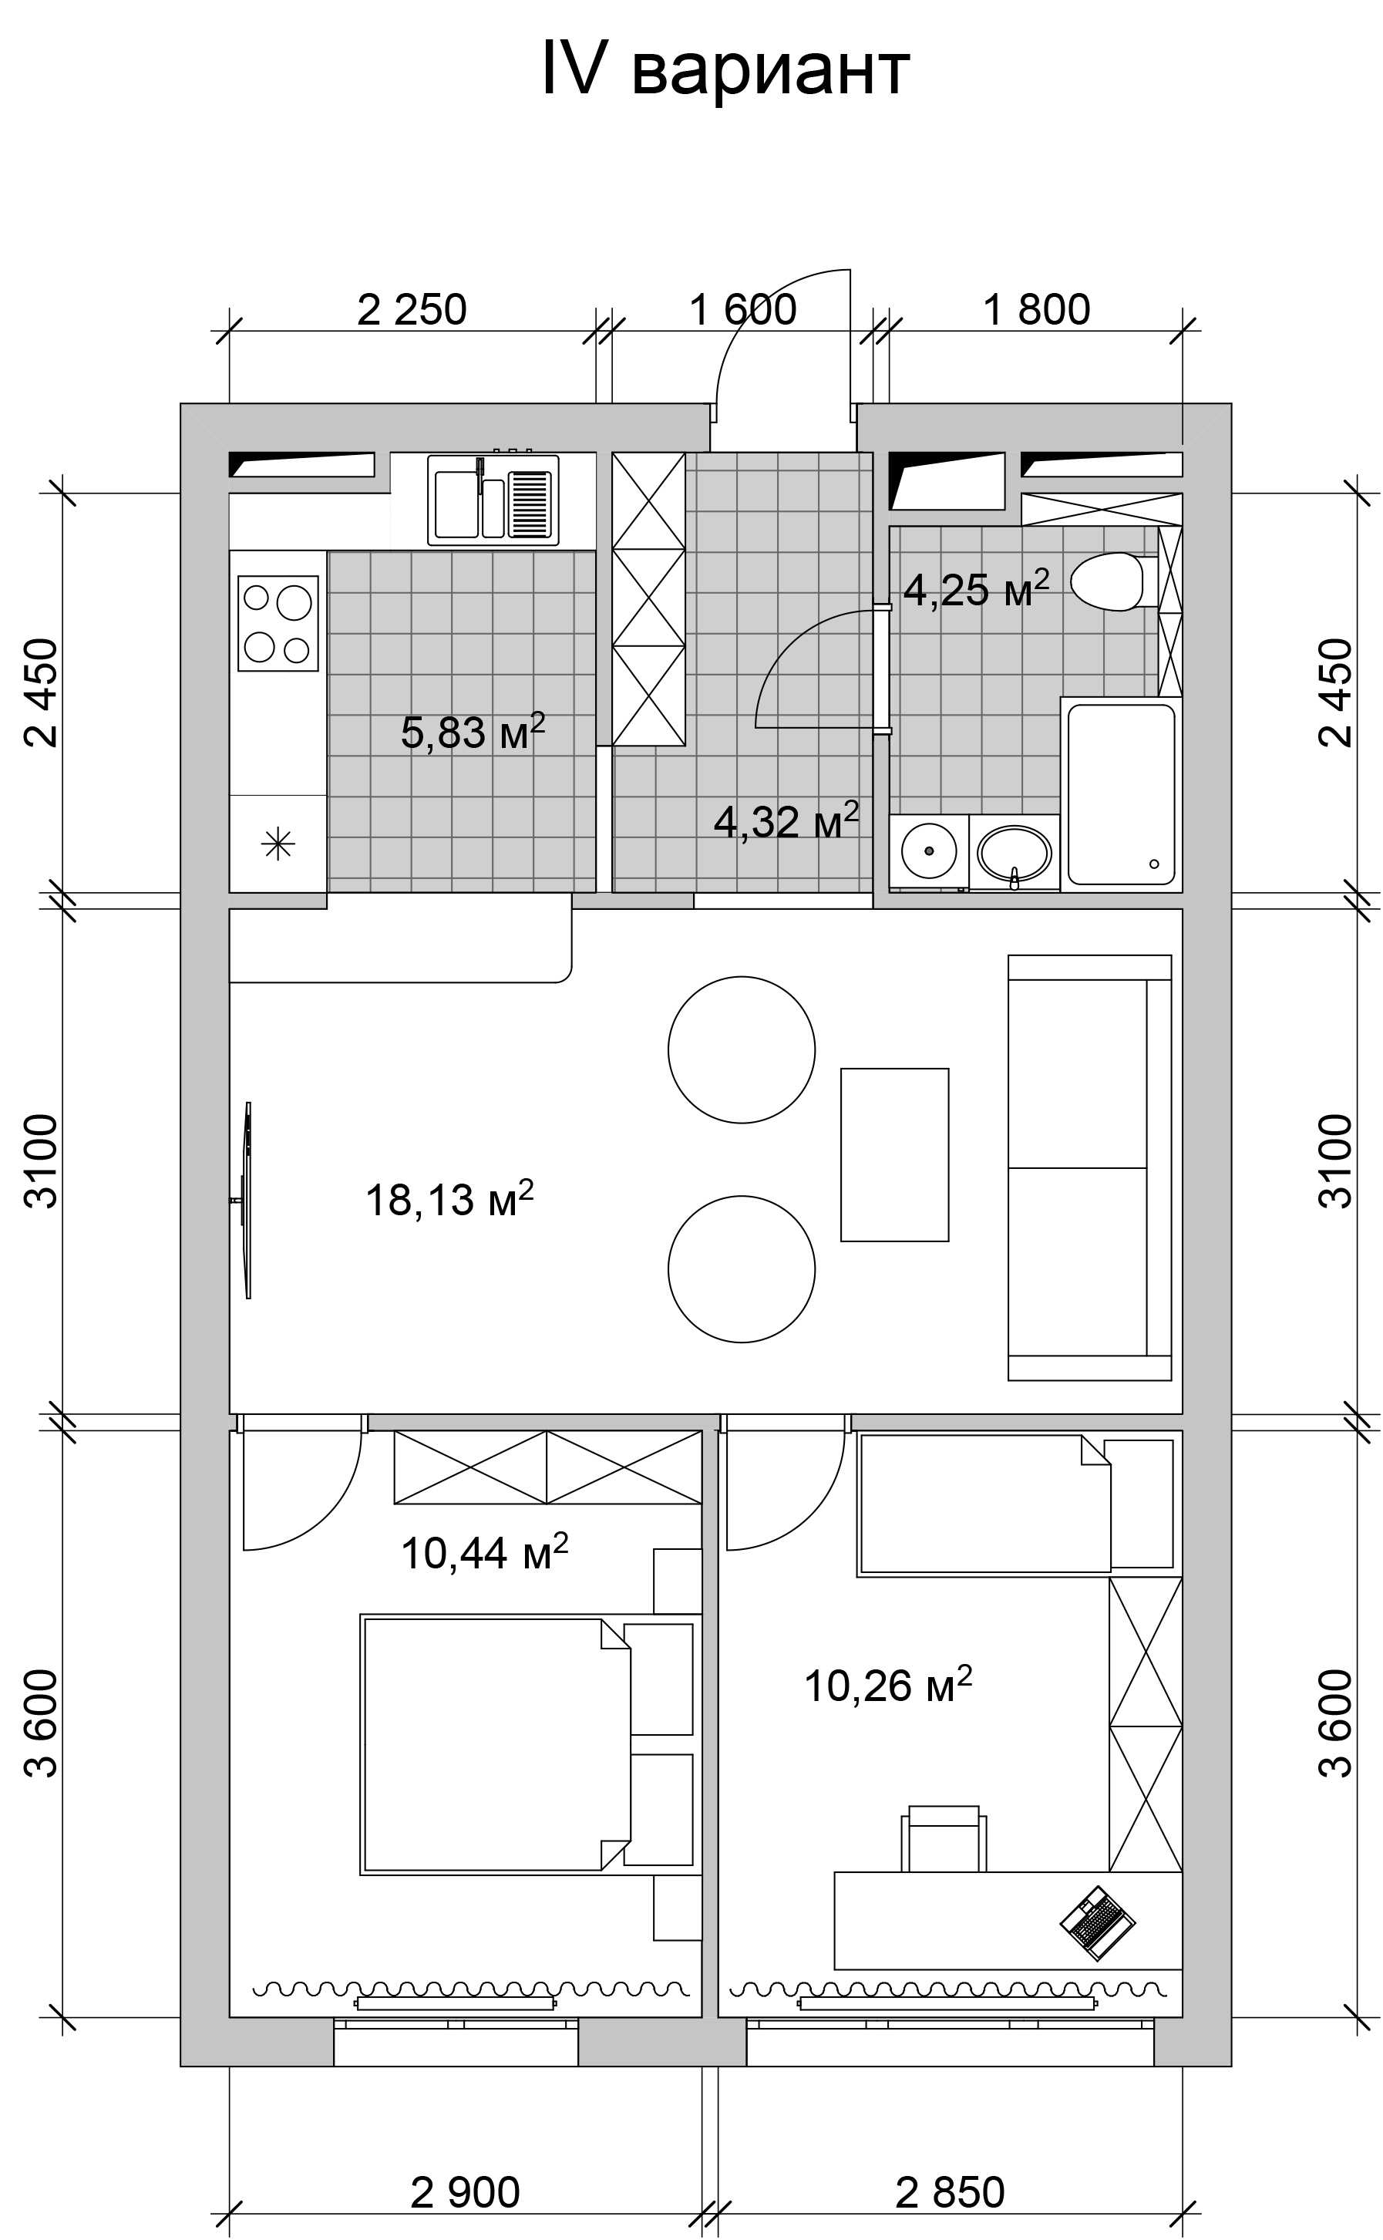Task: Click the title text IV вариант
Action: pos(725,69)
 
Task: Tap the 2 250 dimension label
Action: pos(412,310)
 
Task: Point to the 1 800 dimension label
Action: pos(1036,310)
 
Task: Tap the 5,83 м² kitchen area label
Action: pos(473,732)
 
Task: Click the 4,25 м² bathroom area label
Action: pos(976,589)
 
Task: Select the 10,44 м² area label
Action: pos(485,1551)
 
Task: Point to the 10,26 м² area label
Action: pos(887,1685)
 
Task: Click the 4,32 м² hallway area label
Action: pos(786,820)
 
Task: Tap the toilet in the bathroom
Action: pos(1113,581)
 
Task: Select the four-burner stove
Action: pos(278,623)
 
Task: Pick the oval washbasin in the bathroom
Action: pos(1014,854)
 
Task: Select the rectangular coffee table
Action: pos(894,1154)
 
